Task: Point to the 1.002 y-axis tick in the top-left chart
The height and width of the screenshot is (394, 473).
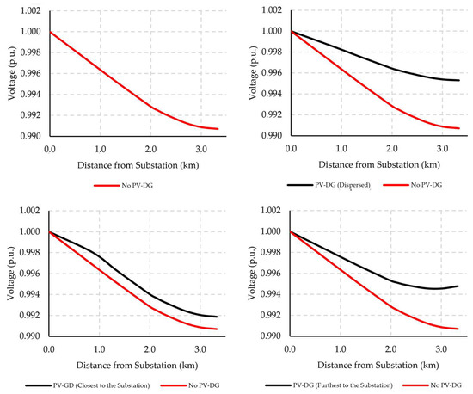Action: pos(33,10)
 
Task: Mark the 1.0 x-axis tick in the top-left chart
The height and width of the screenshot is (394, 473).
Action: pos(99,150)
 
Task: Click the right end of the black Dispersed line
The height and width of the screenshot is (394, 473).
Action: pos(459,80)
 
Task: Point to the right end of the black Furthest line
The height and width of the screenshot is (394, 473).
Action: pos(459,286)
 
